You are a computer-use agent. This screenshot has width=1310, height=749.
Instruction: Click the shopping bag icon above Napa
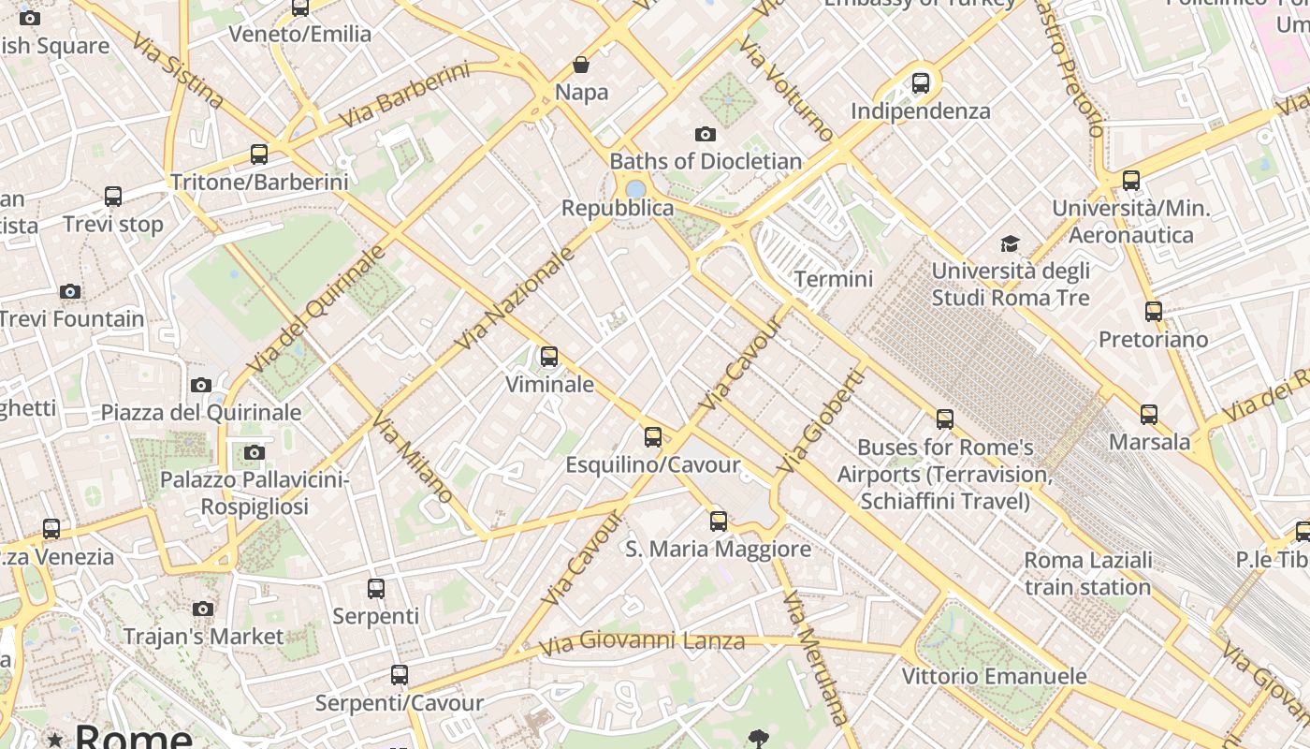pyautogui.click(x=581, y=65)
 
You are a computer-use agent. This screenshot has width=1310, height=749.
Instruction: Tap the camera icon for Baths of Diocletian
pyautogui.click(x=706, y=134)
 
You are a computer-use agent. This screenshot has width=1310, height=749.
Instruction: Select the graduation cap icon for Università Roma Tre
pyautogui.click(x=1010, y=244)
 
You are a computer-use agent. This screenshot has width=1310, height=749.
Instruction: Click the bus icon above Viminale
pyautogui.click(x=549, y=357)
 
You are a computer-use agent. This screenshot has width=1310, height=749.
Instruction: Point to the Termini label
pyautogui.click(x=833, y=279)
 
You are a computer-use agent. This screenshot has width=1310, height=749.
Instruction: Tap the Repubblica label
pyautogui.click(x=617, y=208)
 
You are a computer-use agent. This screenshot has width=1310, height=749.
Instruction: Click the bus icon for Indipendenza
pyautogui.click(x=921, y=83)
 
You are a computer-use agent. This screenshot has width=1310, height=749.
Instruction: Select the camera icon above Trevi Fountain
pyautogui.click(x=70, y=291)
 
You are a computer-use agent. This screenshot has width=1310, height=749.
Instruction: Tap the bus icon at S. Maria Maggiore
pyautogui.click(x=719, y=521)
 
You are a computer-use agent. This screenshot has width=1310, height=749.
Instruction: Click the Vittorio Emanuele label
pyautogui.click(x=994, y=676)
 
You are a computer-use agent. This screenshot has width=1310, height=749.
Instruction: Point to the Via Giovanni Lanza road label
pyautogui.click(x=642, y=642)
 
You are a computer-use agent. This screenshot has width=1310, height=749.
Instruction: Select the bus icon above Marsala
pyautogui.click(x=1149, y=414)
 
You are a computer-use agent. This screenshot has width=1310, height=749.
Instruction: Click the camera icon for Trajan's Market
pyautogui.click(x=203, y=609)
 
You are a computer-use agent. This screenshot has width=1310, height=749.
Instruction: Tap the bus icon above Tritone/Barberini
pyautogui.click(x=259, y=154)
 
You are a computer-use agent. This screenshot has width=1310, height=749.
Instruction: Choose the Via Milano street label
pyautogui.click(x=413, y=457)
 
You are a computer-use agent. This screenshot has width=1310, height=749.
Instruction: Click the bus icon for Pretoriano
pyautogui.click(x=1154, y=312)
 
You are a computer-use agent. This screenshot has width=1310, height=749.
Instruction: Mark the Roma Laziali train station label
pyautogui.click(x=1087, y=574)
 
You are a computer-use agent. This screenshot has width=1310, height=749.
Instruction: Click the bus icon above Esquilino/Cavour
pyautogui.click(x=653, y=437)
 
